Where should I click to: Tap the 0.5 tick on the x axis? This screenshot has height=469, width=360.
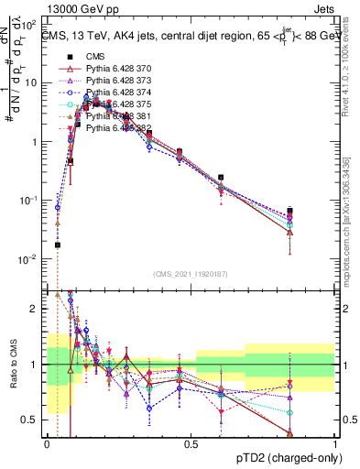click(191, 445)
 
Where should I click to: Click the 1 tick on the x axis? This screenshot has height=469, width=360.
click(334, 445)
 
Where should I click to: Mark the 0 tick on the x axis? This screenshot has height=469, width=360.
click(47, 445)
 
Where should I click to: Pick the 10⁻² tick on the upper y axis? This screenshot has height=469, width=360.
click(31, 259)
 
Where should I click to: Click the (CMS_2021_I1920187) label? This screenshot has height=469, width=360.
click(191, 273)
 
